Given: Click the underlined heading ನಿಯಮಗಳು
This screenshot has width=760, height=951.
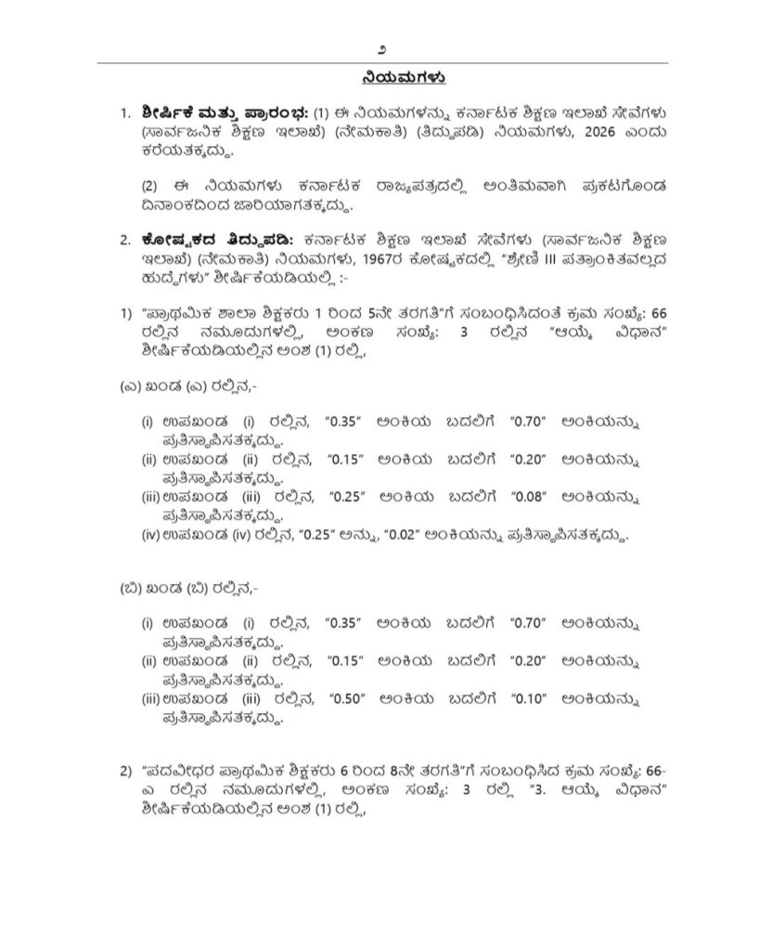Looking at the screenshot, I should (380, 75).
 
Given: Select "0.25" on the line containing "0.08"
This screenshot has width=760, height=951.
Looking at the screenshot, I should (344, 496).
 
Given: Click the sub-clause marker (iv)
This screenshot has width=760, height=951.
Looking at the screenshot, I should (150, 535).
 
